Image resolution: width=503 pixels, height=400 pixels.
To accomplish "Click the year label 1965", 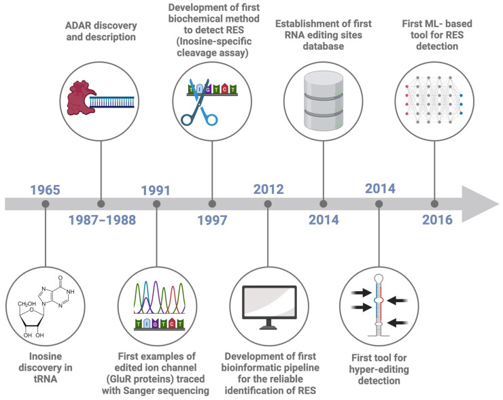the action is tap(46, 190).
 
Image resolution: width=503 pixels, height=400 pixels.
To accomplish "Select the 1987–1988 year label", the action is tap(102, 220).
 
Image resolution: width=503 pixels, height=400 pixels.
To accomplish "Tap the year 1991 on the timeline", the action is tap(156, 190).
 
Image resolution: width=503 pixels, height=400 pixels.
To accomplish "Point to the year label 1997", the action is tap(212, 220).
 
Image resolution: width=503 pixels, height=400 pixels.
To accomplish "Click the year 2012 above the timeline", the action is tap(268, 189).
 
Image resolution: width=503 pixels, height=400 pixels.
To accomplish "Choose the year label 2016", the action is tap(437, 220).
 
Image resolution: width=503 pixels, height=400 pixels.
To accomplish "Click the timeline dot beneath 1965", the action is tap(46, 204).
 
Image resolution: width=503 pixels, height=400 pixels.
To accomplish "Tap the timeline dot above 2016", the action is tap(434, 204).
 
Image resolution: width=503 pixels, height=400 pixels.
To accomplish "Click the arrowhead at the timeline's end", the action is tap(480, 204).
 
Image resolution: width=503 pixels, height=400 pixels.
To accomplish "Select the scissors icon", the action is tap(200, 103).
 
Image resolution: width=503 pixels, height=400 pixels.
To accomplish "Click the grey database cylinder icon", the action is tap(324, 101).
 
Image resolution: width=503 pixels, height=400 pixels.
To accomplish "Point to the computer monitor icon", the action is tap(269, 307).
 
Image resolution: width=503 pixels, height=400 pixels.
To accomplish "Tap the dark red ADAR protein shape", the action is tap(80, 98).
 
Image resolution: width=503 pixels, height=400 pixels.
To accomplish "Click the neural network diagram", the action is tap(434, 100).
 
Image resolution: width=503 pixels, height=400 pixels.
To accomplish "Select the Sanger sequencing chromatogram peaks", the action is tap(160, 297).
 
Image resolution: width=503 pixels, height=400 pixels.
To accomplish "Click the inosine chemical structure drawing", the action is tap(46, 307).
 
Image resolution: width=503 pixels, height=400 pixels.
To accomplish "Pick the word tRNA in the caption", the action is tap(46, 379).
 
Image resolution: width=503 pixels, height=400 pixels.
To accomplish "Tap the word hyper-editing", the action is tap(379, 369).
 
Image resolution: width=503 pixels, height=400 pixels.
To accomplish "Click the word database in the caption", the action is tap(324, 46).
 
